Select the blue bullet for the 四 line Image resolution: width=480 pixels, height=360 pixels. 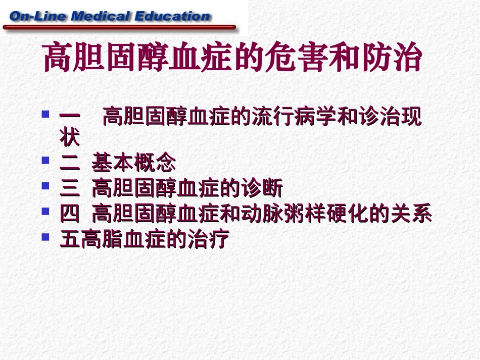tap(45, 211)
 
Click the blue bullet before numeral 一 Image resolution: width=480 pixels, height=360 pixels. tap(45, 114)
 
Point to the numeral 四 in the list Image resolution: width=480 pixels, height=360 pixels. tap(70, 215)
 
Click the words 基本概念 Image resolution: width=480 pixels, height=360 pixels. tap(134, 163)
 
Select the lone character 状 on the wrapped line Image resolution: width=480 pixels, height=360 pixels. tap(70, 138)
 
